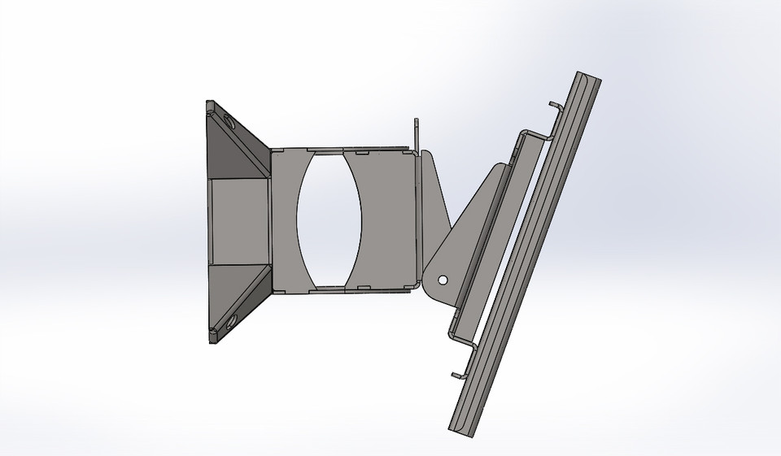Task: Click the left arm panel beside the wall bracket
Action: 285,219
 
